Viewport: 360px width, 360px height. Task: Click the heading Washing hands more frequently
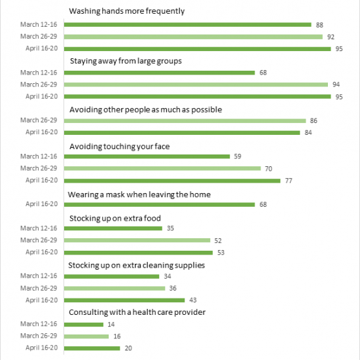127,11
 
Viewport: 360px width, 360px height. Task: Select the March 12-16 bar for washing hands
188,25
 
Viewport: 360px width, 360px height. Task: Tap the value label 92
331,37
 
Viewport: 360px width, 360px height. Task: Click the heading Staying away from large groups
126,61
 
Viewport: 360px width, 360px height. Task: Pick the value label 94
336,84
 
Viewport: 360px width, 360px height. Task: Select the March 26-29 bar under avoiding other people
185,121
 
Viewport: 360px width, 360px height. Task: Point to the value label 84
308,132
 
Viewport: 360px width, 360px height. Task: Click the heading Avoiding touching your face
120,147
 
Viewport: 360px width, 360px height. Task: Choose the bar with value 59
147,156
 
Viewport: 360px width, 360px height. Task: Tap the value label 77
289,181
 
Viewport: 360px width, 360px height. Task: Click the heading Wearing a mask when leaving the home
139,194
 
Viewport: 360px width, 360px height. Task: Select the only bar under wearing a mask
159,205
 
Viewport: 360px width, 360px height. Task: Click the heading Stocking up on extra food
115,219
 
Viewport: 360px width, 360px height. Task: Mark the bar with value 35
113,228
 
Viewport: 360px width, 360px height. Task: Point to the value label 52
218,241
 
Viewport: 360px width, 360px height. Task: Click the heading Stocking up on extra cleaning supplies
136,265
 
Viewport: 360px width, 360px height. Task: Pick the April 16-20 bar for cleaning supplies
124,300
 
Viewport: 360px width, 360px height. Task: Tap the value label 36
173,288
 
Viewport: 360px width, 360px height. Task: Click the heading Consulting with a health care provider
137,312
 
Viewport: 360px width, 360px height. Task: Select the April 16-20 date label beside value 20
41,348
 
